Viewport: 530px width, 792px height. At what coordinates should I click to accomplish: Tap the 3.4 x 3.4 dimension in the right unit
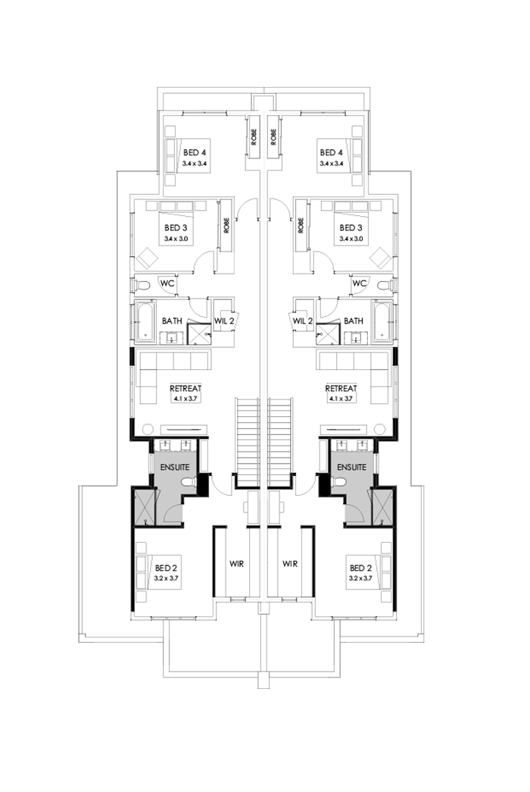tap(333, 163)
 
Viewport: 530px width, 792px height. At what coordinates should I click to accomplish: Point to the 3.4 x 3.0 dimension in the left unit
tap(175, 239)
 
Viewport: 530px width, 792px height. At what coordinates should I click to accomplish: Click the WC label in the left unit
tap(166, 283)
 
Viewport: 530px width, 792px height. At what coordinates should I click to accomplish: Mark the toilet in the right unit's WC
tap(384, 285)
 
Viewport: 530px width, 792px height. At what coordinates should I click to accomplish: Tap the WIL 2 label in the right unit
tap(304, 321)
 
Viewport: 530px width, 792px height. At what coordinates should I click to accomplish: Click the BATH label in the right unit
tap(354, 321)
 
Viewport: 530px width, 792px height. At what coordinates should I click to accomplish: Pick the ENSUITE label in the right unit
tap(352, 467)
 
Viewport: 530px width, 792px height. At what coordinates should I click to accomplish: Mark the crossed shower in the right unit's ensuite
tap(382, 506)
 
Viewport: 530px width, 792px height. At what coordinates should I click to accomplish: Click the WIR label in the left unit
tap(238, 564)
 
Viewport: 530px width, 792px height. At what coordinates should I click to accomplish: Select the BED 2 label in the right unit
tap(358, 567)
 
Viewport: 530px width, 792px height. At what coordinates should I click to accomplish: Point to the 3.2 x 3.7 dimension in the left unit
tap(167, 578)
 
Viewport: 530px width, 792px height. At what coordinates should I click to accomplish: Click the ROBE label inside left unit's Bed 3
tap(226, 225)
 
